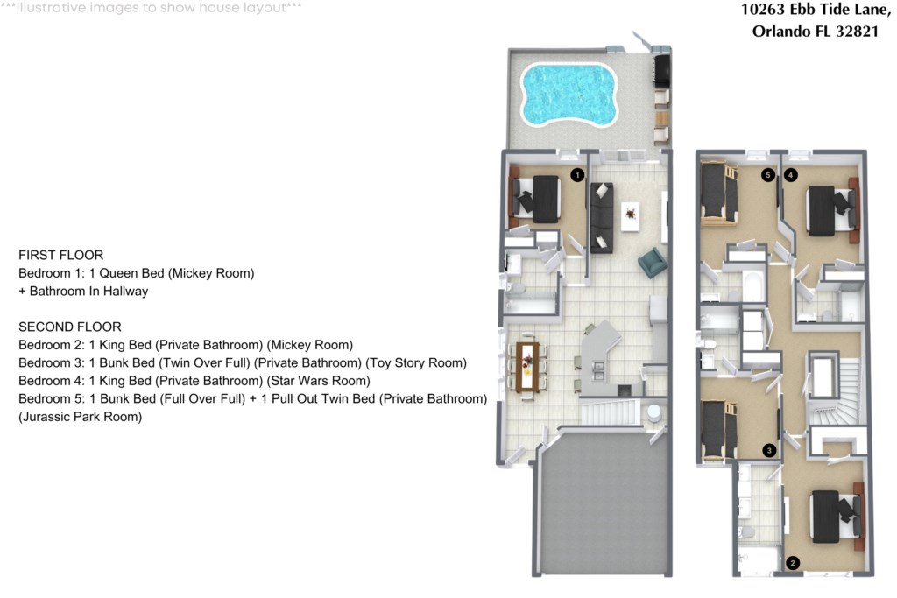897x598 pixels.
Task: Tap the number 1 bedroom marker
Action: click(576, 175)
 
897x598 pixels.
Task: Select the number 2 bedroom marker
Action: click(793, 563)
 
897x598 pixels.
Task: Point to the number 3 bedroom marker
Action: click(769, 450)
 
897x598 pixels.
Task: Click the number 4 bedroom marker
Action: click(791, 175)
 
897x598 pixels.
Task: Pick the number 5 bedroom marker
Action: click(768, 175)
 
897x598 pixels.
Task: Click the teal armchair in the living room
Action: click(652, 261)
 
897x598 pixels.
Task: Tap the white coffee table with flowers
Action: click(630, 215)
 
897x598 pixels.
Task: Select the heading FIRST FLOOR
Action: click(61, 255)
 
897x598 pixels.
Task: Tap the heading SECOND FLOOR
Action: click(70, 327)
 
